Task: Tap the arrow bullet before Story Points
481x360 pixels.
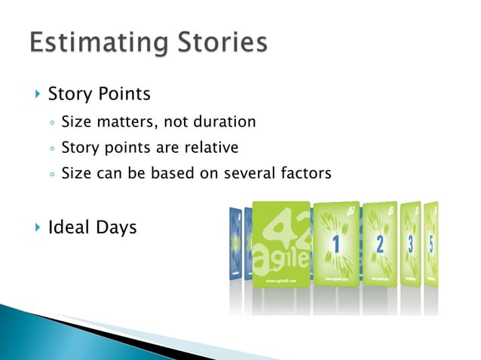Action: [x=36, y=95]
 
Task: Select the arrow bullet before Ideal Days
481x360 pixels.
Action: [x=36, y=227]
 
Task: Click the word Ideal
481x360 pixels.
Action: [x=69, y=227]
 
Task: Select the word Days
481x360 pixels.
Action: [x=116, y=227]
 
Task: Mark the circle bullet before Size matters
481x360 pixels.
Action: [x=51, y=122]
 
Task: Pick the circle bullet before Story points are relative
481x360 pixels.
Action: [x=51, y=148]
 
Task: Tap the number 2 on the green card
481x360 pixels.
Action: [x=380, y=243]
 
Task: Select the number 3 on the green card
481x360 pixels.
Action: [x=411, y=243]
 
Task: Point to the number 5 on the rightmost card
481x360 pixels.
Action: [x=432, y=243]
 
